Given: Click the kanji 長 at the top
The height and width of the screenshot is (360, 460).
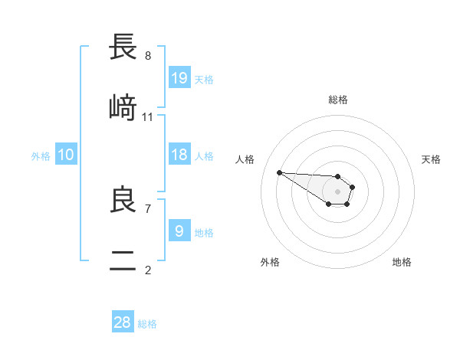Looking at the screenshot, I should click(123, 48).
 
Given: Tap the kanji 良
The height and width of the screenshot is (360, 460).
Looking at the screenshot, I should click(123, 201).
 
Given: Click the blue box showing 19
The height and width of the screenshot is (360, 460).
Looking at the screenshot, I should click(179, 77).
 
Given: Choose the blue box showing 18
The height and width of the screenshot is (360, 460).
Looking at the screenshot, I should click(179, 155).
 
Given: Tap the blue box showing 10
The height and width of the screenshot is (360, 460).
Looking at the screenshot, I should click(66, 155).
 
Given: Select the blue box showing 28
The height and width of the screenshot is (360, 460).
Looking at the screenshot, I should click(123, 322).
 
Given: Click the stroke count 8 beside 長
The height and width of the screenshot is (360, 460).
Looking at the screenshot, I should click(148, 56).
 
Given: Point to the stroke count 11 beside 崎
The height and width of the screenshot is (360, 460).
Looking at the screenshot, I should click(148, 116).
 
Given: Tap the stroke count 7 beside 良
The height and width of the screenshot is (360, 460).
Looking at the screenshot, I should click(148, 208).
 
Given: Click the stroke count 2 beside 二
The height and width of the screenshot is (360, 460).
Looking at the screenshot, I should click(148, 269).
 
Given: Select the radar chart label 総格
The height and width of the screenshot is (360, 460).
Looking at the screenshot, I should click(338, 100).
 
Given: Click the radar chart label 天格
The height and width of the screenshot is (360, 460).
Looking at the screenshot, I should click(431, 159).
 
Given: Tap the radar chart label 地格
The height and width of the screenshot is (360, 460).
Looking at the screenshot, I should click(402, 262).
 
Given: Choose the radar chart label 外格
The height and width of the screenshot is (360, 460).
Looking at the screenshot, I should click(270, 262).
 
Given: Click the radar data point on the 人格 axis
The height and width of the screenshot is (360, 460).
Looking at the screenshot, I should click(279, 172).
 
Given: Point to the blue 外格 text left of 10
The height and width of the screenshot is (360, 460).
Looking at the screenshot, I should click(41, 155).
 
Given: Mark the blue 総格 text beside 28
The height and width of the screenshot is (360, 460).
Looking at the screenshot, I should click(147, 324).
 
